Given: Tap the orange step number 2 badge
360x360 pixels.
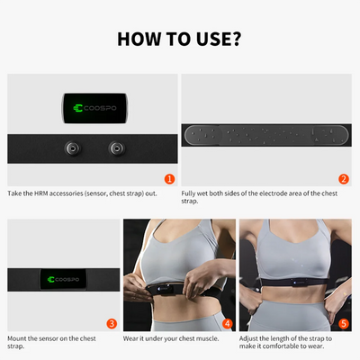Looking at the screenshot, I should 343,179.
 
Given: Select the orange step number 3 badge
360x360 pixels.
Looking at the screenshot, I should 111,322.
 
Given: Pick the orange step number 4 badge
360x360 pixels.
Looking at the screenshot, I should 227,322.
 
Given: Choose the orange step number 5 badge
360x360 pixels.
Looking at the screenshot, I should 343,322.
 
